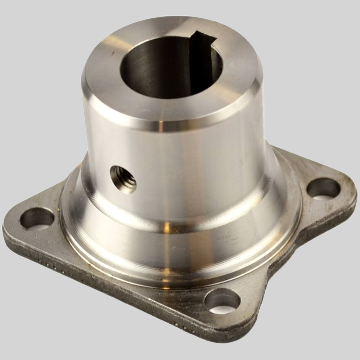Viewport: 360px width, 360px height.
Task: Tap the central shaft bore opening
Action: tap(169, 68)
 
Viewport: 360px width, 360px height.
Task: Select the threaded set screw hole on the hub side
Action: tap(123, 179)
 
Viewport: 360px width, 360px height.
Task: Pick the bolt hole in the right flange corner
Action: tap(323, 188)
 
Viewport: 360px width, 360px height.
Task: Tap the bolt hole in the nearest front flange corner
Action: tap(222, 301)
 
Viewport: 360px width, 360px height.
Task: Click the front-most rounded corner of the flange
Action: tap(230, 333)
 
